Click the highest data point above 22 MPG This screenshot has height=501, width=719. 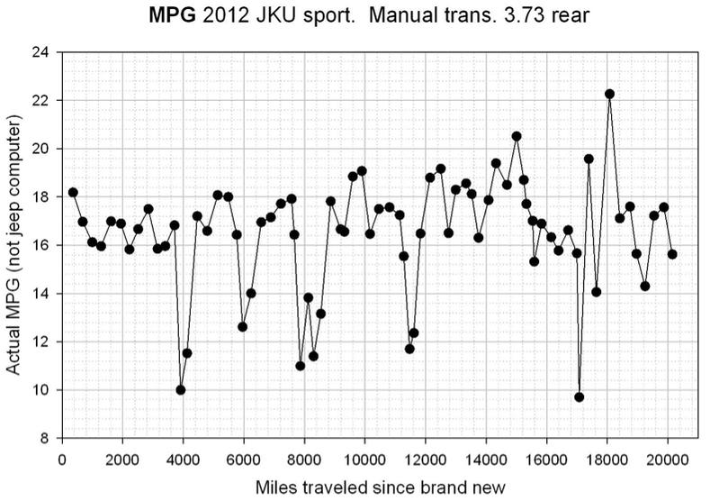[x=609, y=94]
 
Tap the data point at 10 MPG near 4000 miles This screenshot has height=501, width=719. [x=181, y=390]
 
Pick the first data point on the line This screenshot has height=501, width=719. [x=73, y=192]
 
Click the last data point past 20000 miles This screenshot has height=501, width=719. [x=672, y=254]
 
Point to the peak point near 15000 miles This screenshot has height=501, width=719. [x=517, y=136]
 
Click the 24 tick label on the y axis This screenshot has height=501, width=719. [x=40, y=52]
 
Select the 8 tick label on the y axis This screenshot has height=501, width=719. [x=43, y=439]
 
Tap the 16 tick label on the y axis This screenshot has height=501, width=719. [x=40, y=245]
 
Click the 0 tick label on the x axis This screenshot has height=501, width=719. [x=61, y=457]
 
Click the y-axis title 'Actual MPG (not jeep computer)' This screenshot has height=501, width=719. [x=15, y=245]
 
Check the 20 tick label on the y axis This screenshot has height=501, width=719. [x=40, y=149]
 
